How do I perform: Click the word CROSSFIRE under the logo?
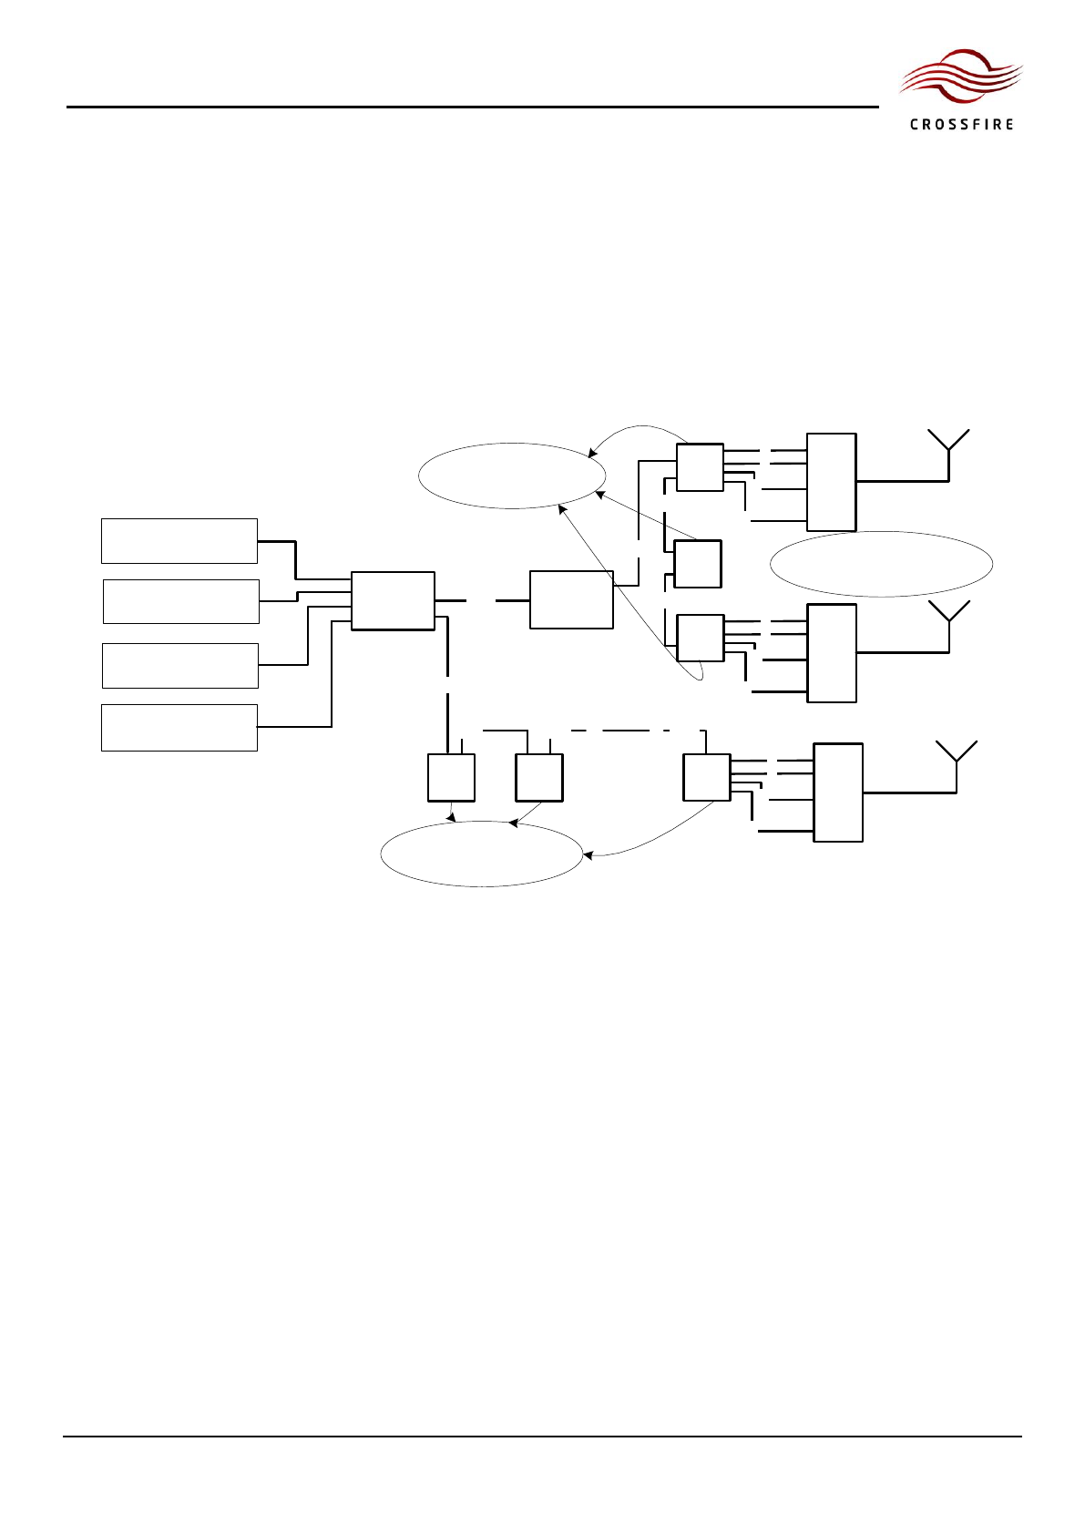click(x=961, y=124)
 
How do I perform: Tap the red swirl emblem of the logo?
click(x=960, y=77)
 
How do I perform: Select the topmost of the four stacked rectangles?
click(x=179, y=541)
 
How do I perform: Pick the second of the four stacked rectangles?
click(x=181, y=601)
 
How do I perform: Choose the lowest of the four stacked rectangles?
click(x=179, y=727)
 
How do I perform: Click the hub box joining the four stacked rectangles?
click(x=393, y=600)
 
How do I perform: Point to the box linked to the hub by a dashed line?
click(x=571, y=599)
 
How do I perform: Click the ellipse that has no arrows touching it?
click(x=881, y=564)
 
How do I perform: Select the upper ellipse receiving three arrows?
click(x=512, y=476)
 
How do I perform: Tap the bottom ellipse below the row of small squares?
click(x=481, y=854)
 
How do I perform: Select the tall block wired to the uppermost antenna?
click(x=831, y=482)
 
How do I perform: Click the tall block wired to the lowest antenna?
click(x=838, y=793)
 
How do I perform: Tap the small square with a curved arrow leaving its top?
click(x=700, y=467)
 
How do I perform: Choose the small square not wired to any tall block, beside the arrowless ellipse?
click(x=698, y=564)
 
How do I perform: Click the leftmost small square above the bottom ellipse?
click(x=451, y=777)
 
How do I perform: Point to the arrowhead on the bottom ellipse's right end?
click(x=587, y=855)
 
